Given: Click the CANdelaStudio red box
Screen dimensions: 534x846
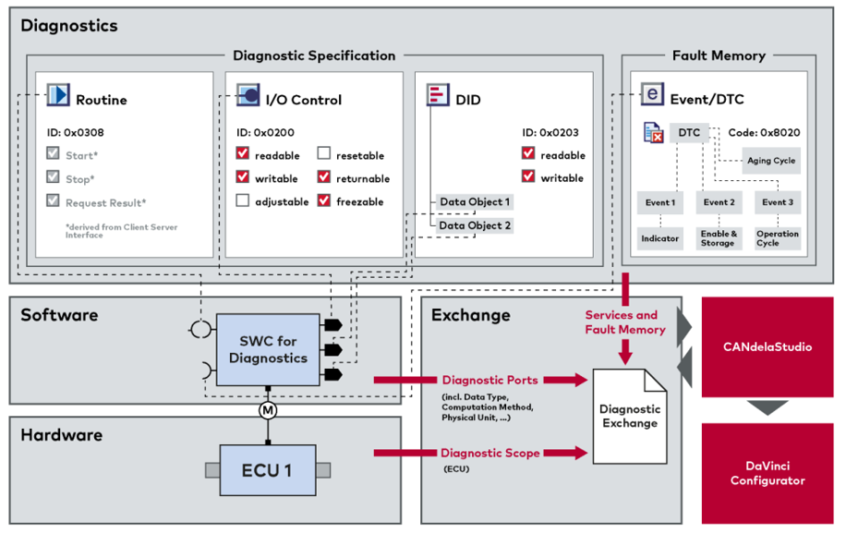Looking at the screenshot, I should point(767,347).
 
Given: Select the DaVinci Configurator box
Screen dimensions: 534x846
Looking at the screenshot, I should point(767,473).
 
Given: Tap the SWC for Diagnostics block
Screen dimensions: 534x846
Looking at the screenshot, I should point(266,350).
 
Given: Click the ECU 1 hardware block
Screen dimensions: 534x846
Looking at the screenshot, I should point(267,470).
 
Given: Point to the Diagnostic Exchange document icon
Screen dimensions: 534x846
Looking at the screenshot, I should point(630,416).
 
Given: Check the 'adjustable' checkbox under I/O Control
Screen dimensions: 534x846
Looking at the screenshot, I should point(243,201).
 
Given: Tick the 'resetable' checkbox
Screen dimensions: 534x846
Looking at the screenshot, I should point(324,154).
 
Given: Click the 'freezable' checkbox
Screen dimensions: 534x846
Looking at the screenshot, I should point(324,201).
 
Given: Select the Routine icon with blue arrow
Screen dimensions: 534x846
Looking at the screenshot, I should point(59,95).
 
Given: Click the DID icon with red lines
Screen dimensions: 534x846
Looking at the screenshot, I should point(438,94).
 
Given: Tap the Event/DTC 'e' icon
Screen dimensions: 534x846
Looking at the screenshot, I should point(653,94).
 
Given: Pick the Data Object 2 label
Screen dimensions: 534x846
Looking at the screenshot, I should point(474,225).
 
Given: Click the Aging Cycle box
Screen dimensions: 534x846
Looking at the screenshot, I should point(771,161).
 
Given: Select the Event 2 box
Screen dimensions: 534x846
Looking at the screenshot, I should point(719,202).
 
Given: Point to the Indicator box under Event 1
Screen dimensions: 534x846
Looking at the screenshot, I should point(659,238).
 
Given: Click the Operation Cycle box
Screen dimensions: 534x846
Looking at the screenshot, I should point(777,238).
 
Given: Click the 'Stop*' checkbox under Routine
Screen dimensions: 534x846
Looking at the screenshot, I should point(54,178).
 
